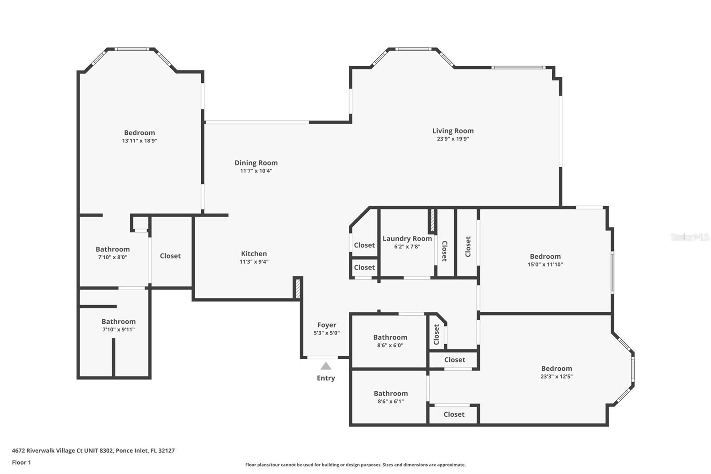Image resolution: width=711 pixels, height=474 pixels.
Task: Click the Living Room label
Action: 453,131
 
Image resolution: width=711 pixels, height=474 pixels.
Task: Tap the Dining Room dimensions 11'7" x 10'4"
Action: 256,171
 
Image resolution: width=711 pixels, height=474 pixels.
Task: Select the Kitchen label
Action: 254,254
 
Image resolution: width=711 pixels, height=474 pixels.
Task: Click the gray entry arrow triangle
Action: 326,366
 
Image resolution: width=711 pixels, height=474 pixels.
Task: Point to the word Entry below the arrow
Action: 326,378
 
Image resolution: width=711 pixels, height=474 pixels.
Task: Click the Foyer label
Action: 327,325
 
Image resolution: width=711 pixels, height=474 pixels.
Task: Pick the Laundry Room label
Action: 407,239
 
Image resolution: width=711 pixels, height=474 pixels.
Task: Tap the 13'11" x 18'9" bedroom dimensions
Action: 140,141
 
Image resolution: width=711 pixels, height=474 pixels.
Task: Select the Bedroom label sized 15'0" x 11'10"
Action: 545,257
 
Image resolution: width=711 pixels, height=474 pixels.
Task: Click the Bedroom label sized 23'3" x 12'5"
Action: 556,369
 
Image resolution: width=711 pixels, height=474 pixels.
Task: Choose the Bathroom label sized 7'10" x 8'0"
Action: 113,249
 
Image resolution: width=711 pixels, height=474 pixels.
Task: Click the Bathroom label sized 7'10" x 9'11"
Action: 119,321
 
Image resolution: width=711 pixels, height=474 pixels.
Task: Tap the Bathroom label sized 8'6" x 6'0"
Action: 390,337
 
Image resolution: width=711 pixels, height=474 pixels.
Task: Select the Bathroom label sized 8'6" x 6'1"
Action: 391,394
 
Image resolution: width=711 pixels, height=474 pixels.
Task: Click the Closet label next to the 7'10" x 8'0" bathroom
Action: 170,256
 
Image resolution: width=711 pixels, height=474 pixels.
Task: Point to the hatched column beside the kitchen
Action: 297,288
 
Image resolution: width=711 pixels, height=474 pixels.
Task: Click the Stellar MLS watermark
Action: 690,237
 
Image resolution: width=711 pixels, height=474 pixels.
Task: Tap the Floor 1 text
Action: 21,462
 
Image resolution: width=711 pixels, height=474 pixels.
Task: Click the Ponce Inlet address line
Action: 93,450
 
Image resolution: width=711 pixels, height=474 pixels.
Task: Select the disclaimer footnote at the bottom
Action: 355,465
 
